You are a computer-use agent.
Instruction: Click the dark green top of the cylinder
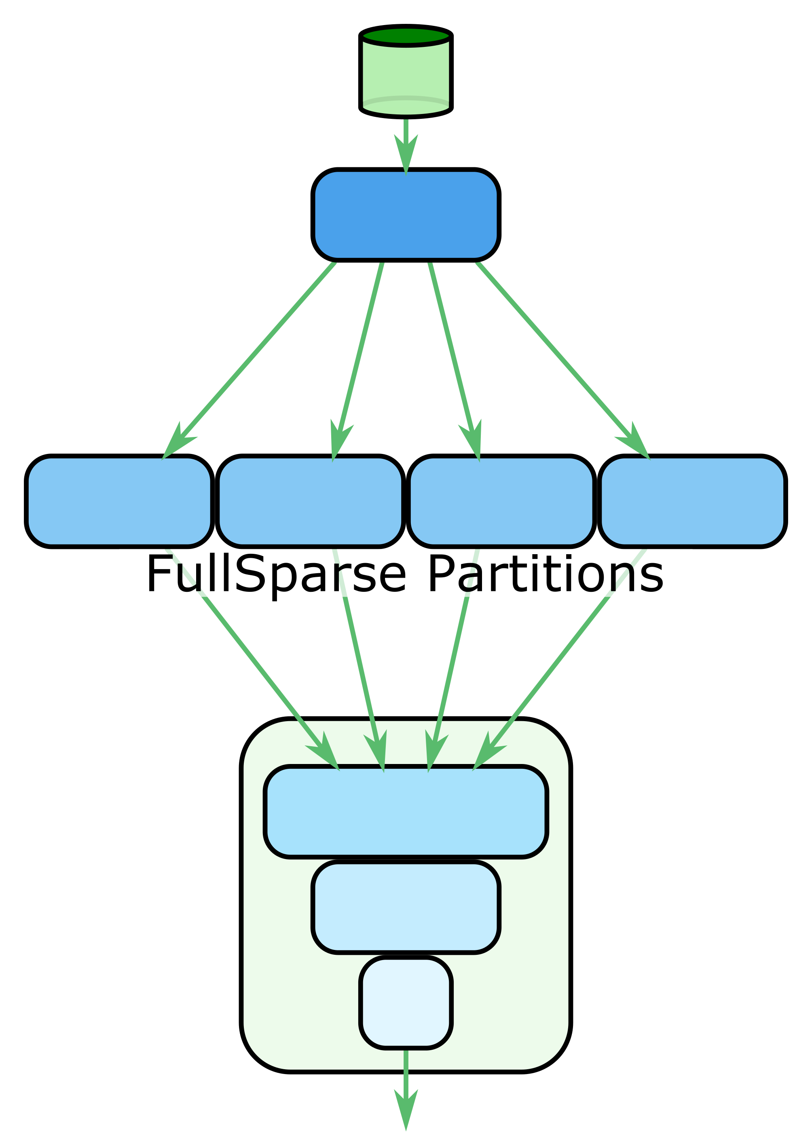[x=406, y=36]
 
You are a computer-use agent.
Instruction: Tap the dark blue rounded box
[x=406, y=215]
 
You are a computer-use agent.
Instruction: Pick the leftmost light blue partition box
[x=119, y=501]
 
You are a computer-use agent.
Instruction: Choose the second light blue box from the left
[x=310, y=501]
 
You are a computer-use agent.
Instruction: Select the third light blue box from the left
[x=501, y=501]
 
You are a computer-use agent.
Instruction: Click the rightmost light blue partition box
[x=692, y=501]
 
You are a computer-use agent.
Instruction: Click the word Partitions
[x=546, y=574]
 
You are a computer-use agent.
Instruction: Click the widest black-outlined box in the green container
[x=406, y=812]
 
